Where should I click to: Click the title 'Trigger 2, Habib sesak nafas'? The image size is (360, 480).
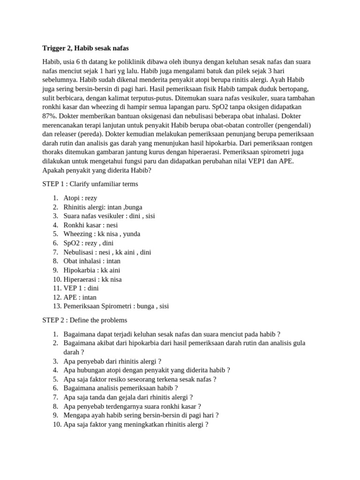point(85,48)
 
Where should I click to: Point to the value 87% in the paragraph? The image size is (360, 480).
point(50,116)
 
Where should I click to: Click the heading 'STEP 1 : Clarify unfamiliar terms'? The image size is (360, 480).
point(90,184)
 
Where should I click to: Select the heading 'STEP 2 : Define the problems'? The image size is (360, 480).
point(84,320)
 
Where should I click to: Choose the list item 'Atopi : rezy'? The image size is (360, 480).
point(80,198)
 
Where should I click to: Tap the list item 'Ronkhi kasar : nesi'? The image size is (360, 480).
point(90,225)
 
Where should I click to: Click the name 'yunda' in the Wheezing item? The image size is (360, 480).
point(131,234)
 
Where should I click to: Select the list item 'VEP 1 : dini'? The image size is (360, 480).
point(81,288)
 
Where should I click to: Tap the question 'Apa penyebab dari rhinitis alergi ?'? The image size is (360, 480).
point(112,361)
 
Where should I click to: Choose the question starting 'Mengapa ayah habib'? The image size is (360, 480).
point(141,415)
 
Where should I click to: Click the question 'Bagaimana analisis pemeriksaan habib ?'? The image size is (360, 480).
point(120,388)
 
